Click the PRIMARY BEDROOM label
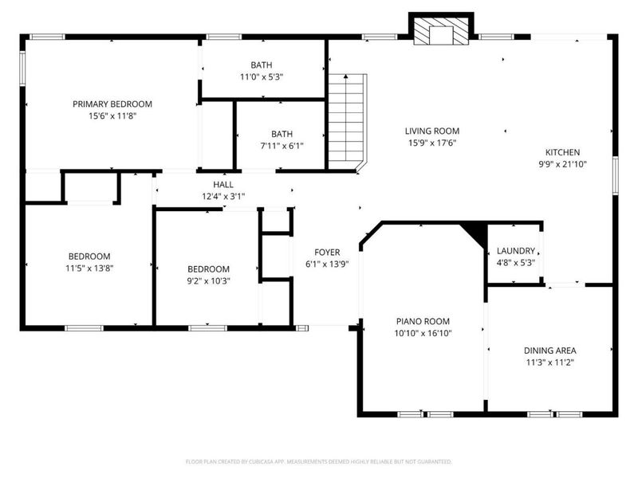tap(112, 104)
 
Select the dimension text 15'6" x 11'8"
tap(112, 116)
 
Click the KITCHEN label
tap(562, 152)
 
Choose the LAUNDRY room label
tap(515, 250)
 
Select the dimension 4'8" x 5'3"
tap(515, 262)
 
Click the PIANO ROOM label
tap(423, 322)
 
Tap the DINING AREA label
tap(549, 350)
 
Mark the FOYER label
tap(327, 252)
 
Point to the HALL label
tap(223, 184)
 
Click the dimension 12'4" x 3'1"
tap(223, 196)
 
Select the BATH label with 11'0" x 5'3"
tap(261, 65)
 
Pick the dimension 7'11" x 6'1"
tap(281, 146)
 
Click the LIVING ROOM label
tap(432, 131)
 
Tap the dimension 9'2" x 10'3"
tap(208, 281)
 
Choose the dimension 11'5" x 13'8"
tap(88, 268)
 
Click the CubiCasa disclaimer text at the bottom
tap(319, 461)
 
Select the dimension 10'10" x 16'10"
tap(423, 334)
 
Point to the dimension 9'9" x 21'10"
tap(562, 164)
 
